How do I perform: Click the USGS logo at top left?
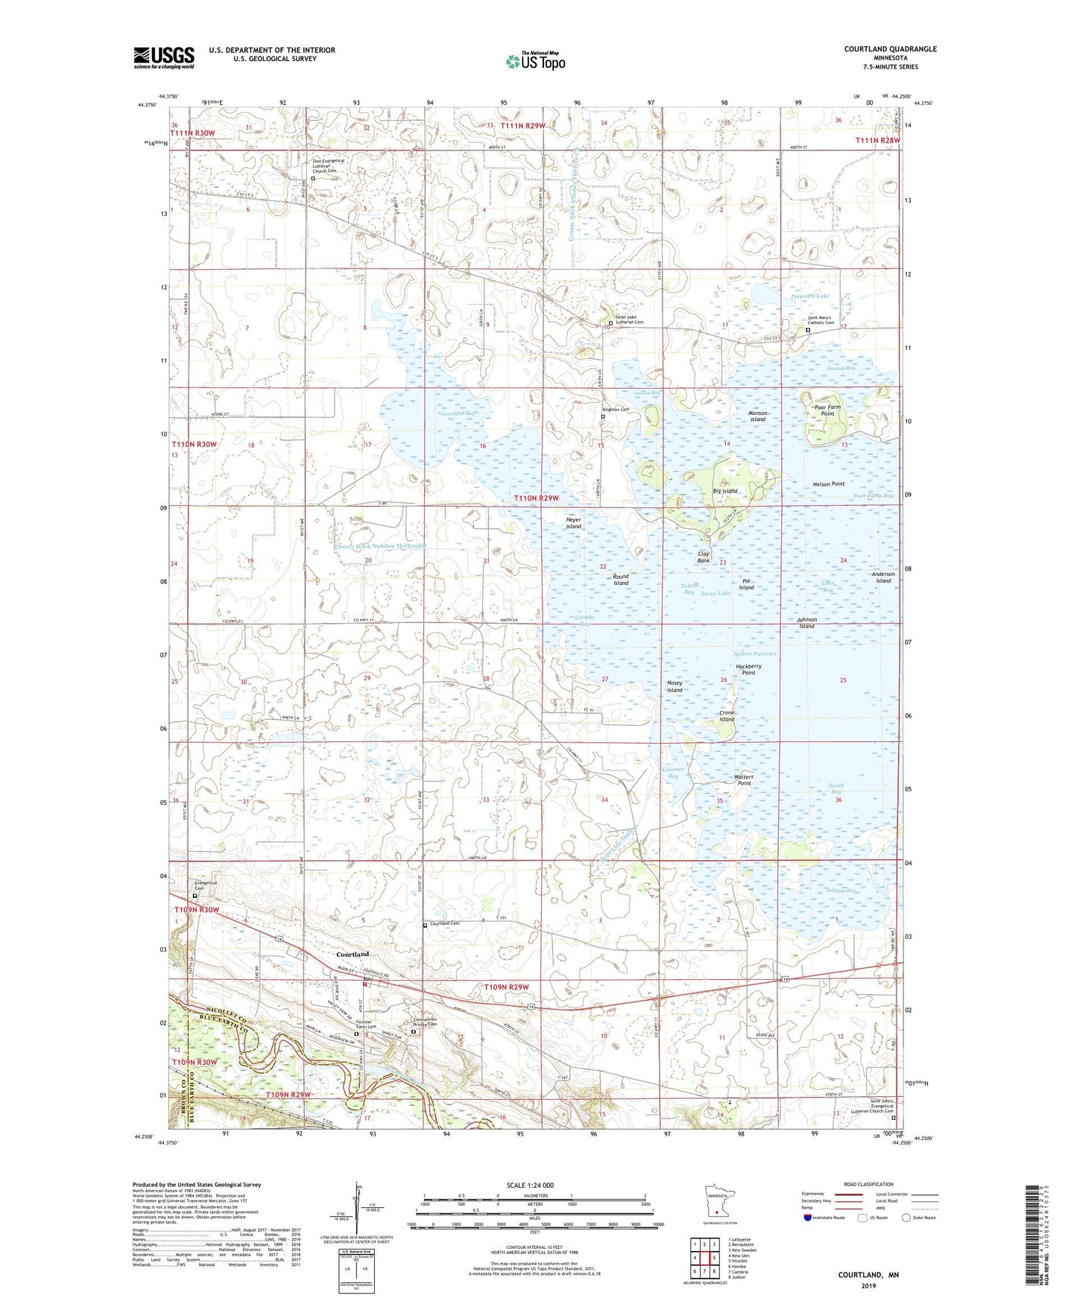click(164, 57)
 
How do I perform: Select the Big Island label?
click(724, 491)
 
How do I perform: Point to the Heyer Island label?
click(573, 523)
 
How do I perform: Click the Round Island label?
click(620, 580)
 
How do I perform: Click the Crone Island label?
click(727, 716)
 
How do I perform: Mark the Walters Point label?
click(744, 779)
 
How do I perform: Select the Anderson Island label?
click(883, 577)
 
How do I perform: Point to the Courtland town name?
click(353, 955)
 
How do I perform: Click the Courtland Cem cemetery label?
click(444, 924)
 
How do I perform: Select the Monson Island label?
click(757, 416)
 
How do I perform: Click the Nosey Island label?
click(674, 686)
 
